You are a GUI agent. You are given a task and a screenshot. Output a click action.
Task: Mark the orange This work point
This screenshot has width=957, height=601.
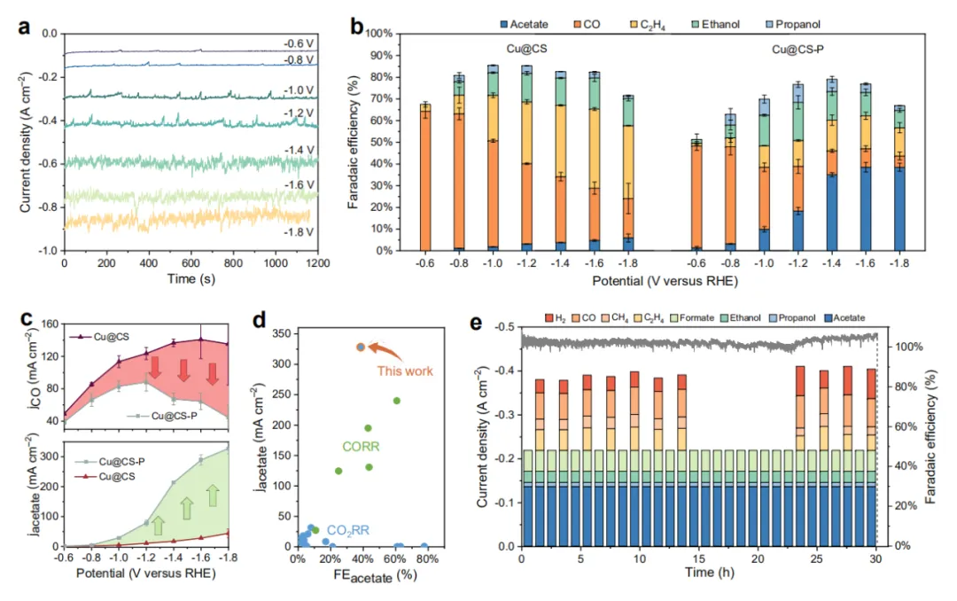[x=361, y=347]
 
